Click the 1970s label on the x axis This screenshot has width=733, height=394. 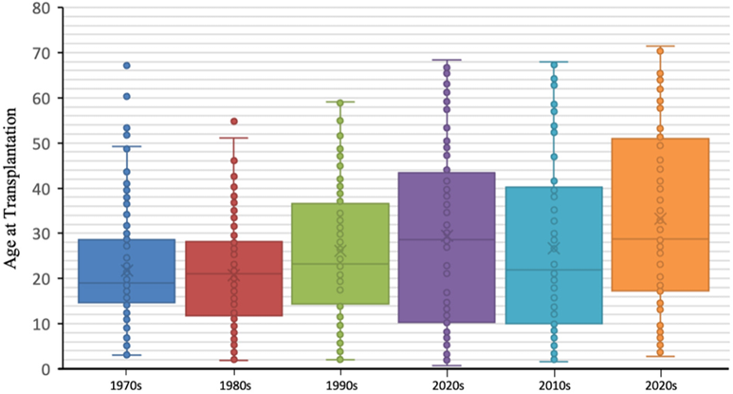(126, 385)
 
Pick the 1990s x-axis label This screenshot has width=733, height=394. (340, 385)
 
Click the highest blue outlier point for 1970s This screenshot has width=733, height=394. (126, 66)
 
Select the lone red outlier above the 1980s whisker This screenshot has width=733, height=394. (233, 122)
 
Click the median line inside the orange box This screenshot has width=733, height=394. (661, 239)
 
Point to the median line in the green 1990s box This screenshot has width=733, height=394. (340, 264)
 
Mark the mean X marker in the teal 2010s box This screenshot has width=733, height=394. (554, 247)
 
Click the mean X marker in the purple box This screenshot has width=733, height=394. (448, 235)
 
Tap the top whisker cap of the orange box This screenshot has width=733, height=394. (661, 46)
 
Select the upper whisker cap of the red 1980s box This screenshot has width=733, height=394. (233, 138)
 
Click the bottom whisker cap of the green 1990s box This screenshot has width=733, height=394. (340, 360)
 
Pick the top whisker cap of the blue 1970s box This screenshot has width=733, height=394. (126, 146)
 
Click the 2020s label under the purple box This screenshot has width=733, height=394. (448, 385)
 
